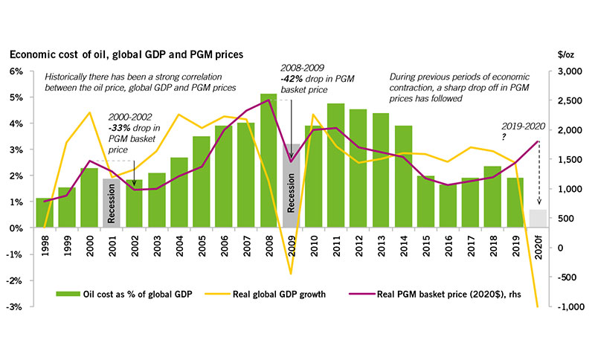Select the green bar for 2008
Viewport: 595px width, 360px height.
268,160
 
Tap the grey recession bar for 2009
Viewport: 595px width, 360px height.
292,186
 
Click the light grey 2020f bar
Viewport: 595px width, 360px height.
537,219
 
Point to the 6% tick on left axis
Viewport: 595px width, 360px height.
16,71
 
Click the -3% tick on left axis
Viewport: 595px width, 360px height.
16,306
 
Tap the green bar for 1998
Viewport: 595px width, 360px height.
44,213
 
